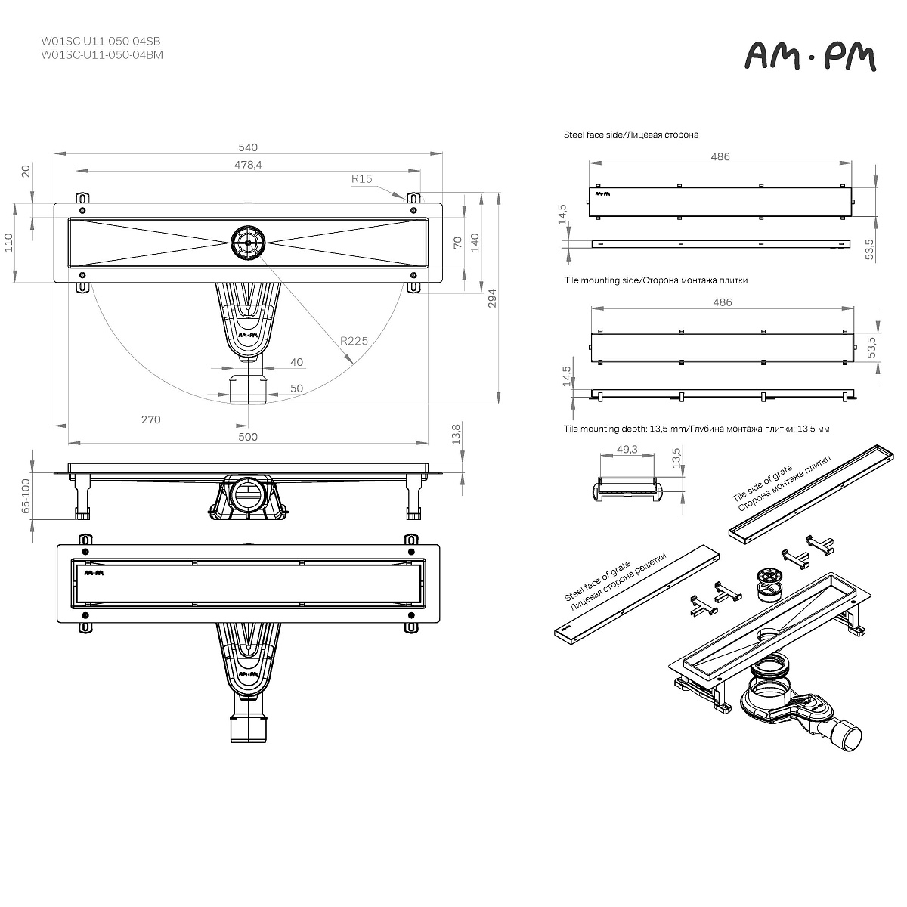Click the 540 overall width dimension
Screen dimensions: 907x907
248,147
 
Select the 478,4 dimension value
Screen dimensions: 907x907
248,165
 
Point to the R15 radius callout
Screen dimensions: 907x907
362,179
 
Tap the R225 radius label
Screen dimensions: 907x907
354,341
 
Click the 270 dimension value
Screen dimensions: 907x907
151,419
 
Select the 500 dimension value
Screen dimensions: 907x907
248,437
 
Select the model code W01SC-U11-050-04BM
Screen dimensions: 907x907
101,55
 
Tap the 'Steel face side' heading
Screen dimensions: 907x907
631,135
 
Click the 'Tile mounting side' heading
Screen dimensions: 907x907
655,280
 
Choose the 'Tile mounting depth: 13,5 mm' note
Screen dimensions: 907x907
696,429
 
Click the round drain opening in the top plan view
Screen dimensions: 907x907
248,242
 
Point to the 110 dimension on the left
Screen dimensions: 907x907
10,243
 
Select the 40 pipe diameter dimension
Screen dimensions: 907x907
296,363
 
